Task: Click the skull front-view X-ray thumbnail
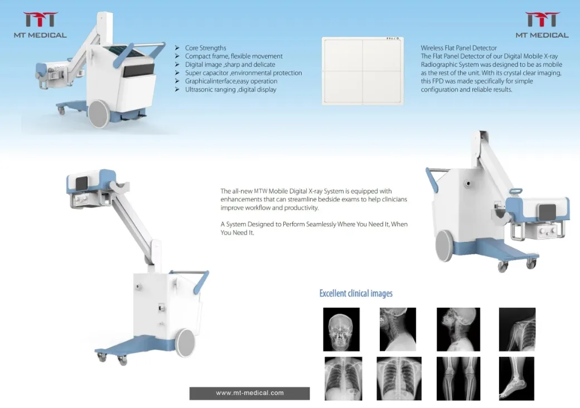point(341,329)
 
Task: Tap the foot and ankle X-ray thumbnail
point(516,378)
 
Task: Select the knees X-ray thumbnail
point(458,378)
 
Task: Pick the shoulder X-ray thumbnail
point(517,329)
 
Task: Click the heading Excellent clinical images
point(356,293)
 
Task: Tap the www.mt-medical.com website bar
point(249,393)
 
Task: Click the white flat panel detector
point(362,70)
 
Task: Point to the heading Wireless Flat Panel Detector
point(458,48)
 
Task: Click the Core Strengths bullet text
point(205,48)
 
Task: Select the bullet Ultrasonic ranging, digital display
point(230,89)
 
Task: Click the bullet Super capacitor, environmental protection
point(243,73)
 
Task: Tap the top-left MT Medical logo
point(40,26)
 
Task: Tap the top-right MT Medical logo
point(542,26)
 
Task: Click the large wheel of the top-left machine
point(99,114)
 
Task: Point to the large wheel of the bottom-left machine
point(185,343)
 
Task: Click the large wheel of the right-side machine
point(444,246)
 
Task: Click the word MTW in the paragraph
point(260,191)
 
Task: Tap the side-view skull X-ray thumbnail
point(458,329)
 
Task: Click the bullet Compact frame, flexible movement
point(234,56)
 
